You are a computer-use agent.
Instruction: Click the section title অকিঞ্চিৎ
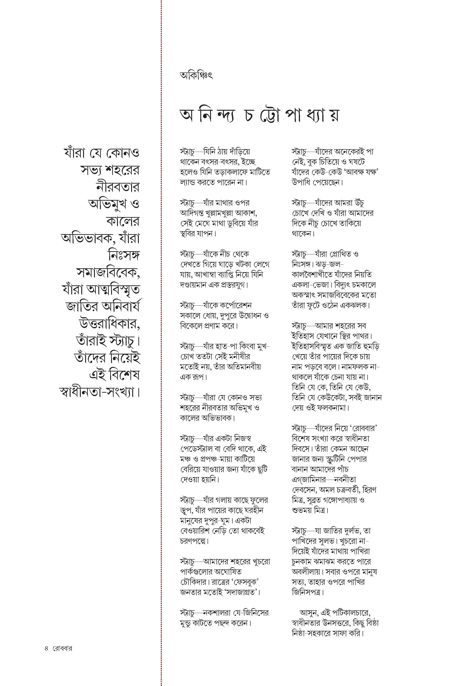click(x=196, y=76)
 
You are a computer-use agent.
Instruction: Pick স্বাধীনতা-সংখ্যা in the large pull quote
click(x=99, y=392)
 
